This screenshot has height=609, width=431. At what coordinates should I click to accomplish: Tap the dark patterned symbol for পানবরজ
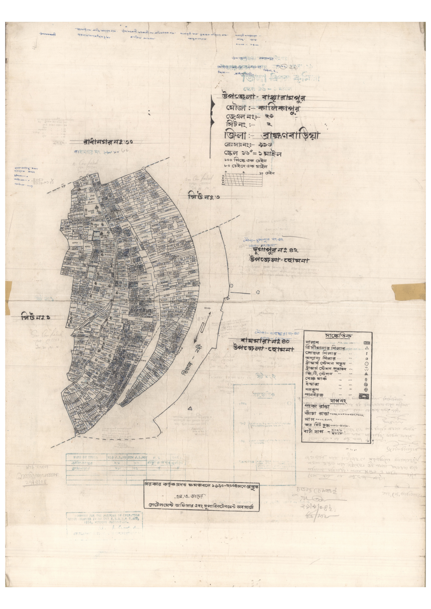coord(364,395)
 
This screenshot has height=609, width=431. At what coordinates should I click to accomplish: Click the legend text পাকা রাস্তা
coord(317,406)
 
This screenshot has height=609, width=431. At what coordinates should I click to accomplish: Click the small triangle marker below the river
coord(190,408)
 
